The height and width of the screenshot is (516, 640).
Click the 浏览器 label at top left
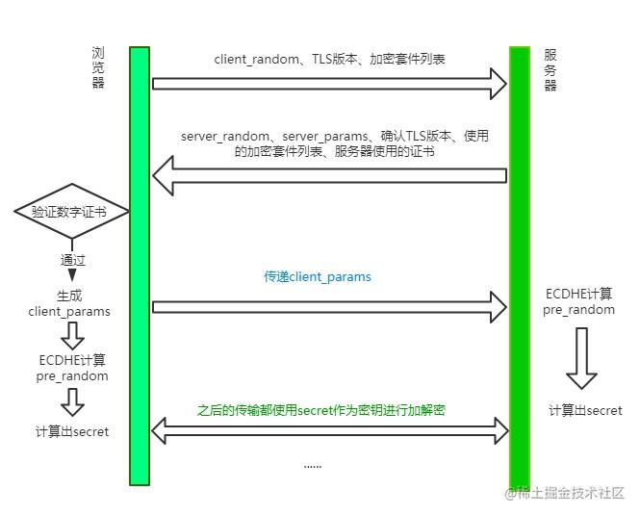point(97,67)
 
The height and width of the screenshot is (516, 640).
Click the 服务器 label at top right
point(550,69)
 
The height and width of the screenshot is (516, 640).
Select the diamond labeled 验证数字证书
point(71,211)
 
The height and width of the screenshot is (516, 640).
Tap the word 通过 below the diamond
point(73,260)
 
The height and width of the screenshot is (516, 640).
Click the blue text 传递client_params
point(318,277)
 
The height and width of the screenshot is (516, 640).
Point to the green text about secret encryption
point(321,409)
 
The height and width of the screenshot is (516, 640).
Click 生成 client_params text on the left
point(69,303)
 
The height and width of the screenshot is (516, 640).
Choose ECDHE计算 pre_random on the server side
point(578,301)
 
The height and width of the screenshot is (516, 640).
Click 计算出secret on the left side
point(71,432)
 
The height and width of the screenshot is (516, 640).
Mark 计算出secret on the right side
point(585,411)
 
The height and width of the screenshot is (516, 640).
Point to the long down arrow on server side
point(581,357)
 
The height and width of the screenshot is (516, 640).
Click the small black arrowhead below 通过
point(72,275)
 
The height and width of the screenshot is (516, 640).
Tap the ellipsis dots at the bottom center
point(313,466)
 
